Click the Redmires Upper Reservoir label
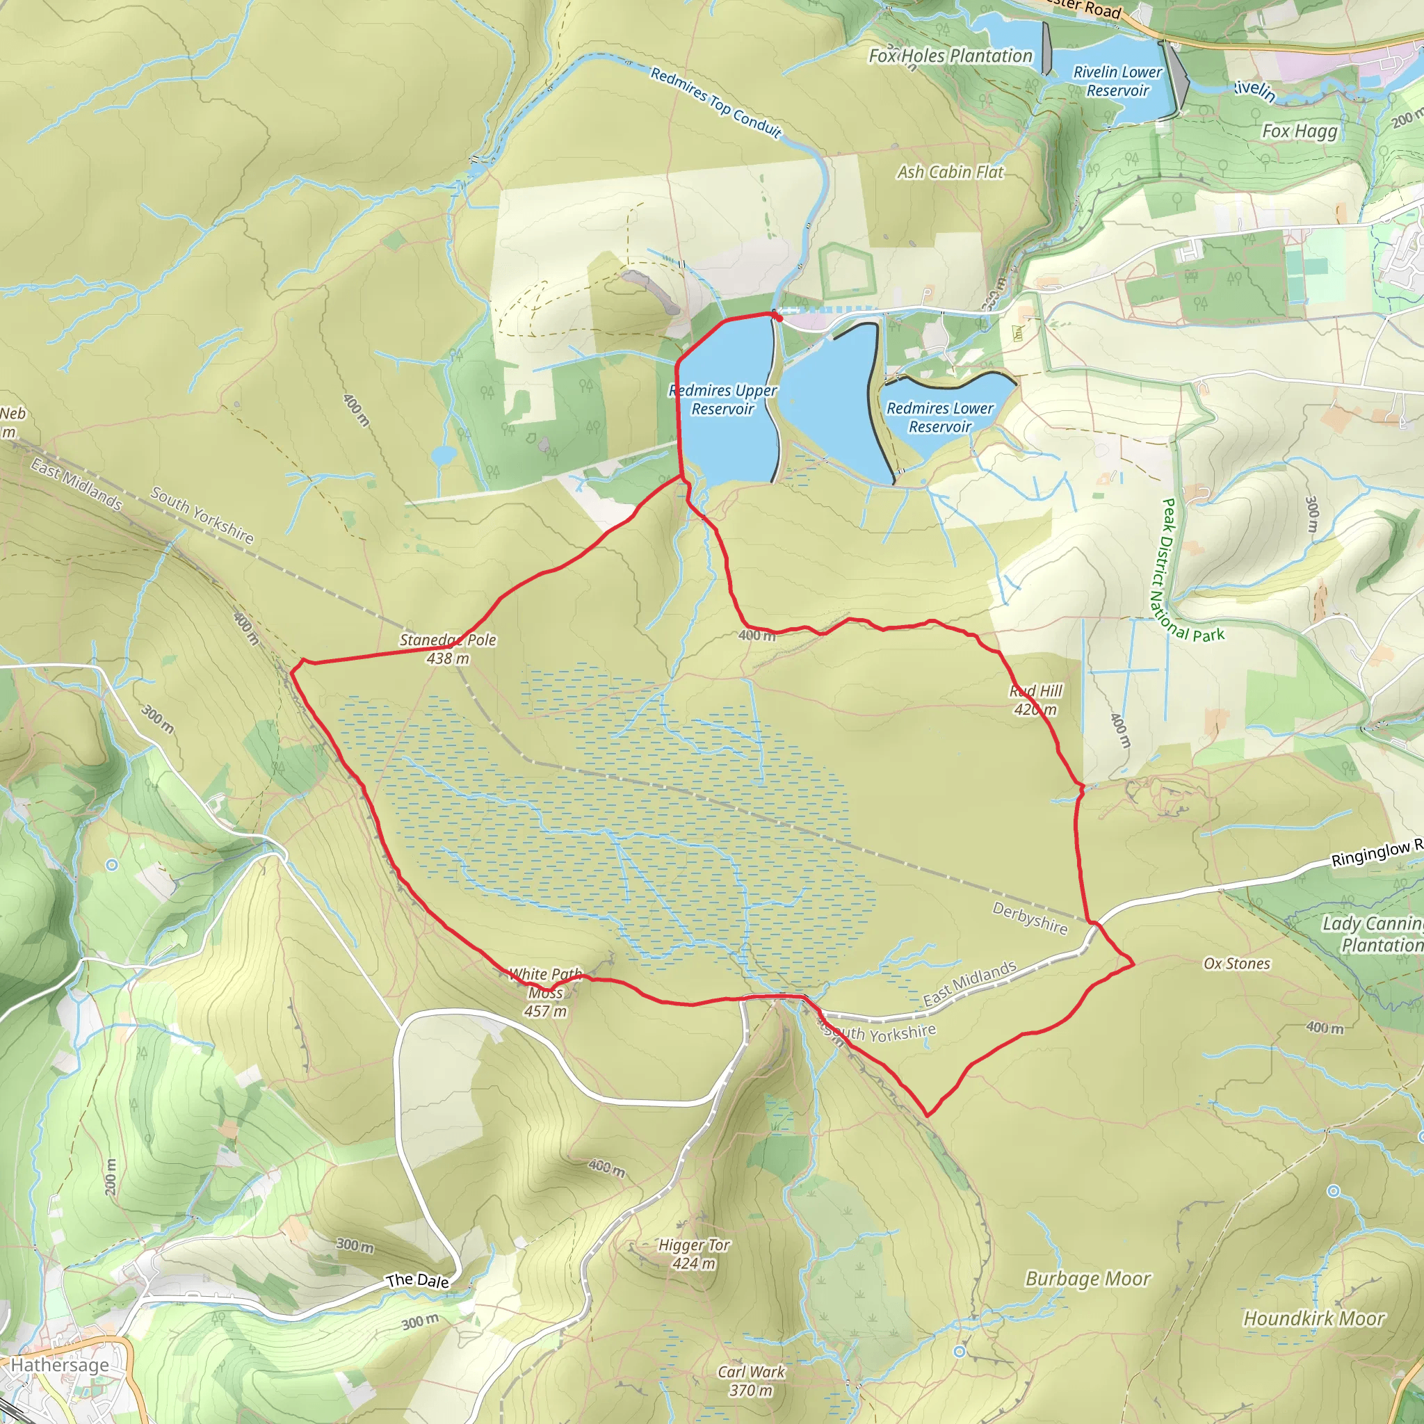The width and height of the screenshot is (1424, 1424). point(722,400)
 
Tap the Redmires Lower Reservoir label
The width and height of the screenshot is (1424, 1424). point(940,417)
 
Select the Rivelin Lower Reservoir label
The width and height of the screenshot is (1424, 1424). point(1117,81)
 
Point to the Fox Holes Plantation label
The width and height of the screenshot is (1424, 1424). point(950,56)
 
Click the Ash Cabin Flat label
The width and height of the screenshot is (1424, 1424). point(950,172)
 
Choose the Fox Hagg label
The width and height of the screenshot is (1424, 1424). point(1300,131)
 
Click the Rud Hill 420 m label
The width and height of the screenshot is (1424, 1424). point(1035,699)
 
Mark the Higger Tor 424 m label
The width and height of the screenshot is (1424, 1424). point(693,1254)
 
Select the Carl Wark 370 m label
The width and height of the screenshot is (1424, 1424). point(751,1380)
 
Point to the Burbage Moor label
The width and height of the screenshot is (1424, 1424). point(1088,1279)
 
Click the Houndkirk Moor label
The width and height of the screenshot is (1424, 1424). point(1314,1318)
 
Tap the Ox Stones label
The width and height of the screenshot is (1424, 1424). point(1237,963)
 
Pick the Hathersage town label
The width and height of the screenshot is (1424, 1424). point(60,1365)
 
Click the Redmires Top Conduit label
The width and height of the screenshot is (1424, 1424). point(715,102)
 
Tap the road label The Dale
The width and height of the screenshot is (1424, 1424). point(417,1280)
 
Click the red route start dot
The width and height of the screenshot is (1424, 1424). point(777,318)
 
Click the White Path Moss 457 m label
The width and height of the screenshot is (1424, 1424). point(545,993)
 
